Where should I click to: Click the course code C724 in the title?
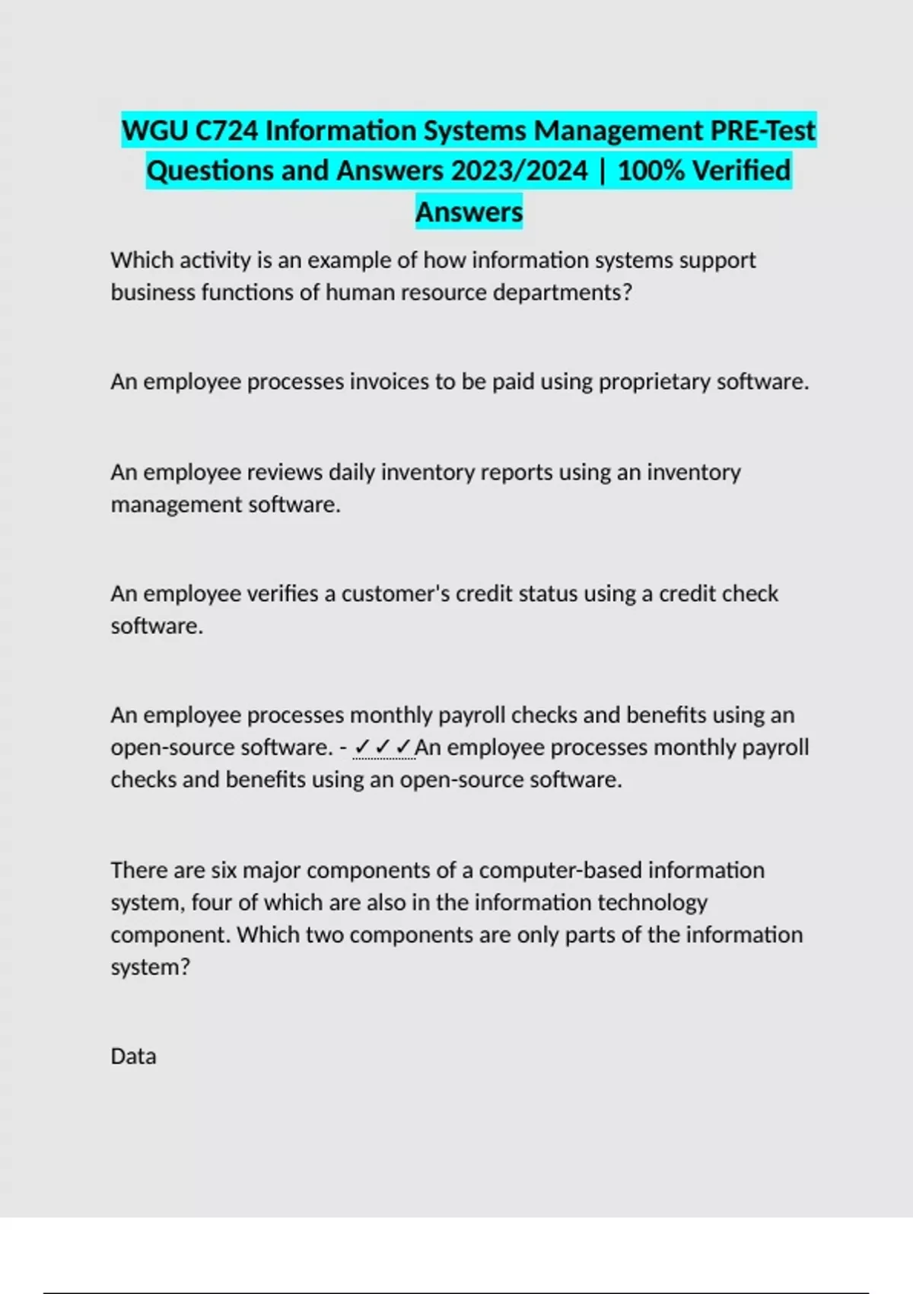tap(227, 131)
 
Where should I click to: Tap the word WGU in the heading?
tap(154, 131)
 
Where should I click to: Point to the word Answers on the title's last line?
tap(469, 212)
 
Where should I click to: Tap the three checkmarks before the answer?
tap(383, 747)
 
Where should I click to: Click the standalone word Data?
tap(133, 1057)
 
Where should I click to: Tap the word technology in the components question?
tap(652, 903)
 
